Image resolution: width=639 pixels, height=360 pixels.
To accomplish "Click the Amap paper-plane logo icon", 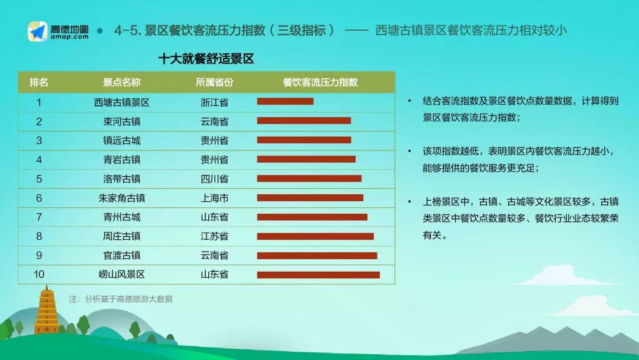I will (x=37, y=31).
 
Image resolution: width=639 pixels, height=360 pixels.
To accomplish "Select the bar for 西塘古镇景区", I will (x=285, y=101).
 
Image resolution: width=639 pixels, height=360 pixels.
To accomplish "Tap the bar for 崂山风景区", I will (x=318, y=275).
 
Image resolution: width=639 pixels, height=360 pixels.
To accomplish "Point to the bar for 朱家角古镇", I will (x=310, y=198).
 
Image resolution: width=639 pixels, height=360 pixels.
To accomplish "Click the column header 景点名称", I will (x=122, y=82).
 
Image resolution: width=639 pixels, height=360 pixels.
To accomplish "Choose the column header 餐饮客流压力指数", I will (x=320, y=82).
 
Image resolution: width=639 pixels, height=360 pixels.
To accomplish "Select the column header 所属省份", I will (x=214, y=82).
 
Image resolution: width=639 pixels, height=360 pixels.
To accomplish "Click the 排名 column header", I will (x=39, y=82).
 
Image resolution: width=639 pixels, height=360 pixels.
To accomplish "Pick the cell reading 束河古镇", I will (x=122, y=121).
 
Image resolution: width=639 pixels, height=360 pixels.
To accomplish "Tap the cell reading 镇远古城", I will (x=122, y=140).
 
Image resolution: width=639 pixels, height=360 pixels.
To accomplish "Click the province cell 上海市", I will (x=214, y=198).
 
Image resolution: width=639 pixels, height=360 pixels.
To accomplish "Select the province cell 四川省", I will (x=214, y=179).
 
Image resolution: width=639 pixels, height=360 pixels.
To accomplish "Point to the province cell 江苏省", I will (x=214, y=236).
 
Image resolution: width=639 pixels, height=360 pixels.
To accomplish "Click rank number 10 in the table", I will (x=39, y=274).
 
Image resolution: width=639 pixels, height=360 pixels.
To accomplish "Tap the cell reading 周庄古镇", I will (x=122, y=236).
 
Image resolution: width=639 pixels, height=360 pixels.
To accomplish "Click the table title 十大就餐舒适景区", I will (x=206, y=59).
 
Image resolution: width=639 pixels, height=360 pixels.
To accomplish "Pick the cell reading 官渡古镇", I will (x=122, y=255).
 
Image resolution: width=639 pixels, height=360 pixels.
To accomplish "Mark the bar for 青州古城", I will (x=312, y=217).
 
